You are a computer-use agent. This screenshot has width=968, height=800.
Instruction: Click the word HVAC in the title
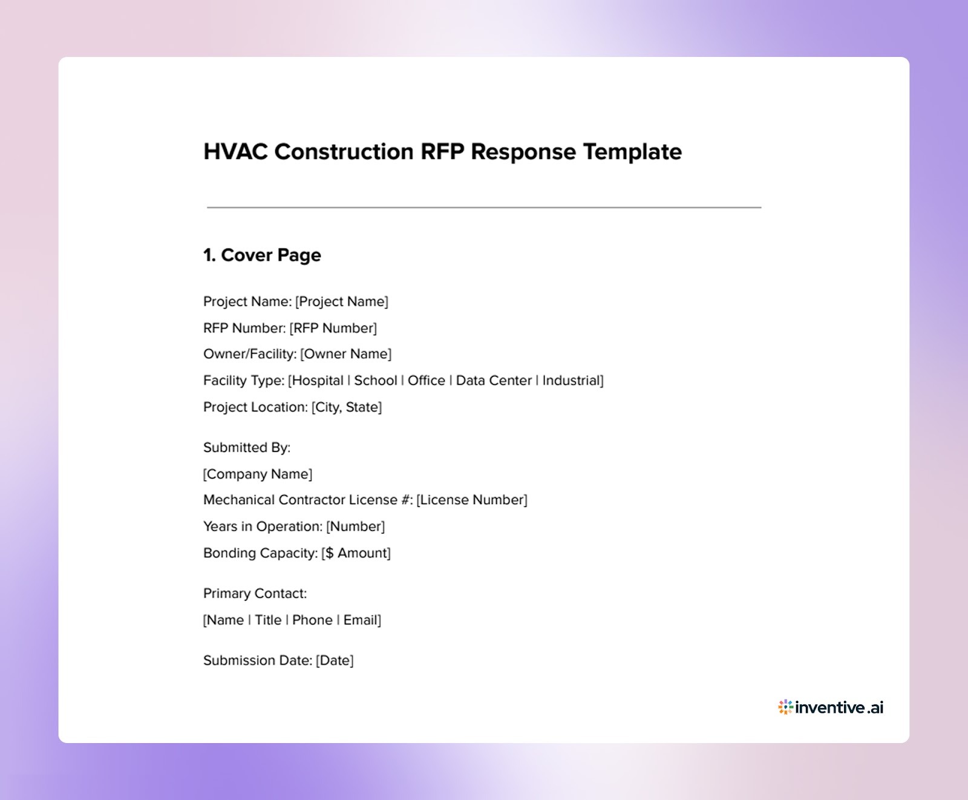(x=235, y=152)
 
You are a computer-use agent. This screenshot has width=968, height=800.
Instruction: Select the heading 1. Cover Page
(x=262, y=255)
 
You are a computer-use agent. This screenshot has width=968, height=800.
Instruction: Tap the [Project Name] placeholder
(x=342, y=301)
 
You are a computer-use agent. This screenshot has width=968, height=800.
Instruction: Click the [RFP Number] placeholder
(x=333, y=328)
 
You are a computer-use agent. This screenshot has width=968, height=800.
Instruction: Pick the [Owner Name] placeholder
(x=345, y=354)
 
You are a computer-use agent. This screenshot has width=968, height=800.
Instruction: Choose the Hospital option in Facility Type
(x=317, y=381)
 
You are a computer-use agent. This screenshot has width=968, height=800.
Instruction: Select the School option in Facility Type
(x=376, y=381)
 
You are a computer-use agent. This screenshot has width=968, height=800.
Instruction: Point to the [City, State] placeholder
(x=347, y=407)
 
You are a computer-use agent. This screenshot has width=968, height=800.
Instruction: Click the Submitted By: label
(x=247, y=448)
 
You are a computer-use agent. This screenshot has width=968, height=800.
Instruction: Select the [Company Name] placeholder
(x=258, y=474)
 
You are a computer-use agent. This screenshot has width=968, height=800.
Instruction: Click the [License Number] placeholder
(x=472, y=500)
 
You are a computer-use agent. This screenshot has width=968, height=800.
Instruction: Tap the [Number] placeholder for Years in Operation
(x=355, y=526)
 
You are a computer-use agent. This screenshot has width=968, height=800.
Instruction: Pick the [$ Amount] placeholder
(x=356, y=553)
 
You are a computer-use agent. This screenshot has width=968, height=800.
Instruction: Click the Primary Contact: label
(x=255, y=594)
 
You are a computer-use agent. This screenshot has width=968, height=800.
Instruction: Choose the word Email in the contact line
(x=361, y=620)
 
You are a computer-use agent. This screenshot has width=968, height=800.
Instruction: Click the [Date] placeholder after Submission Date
(x=335, y=660)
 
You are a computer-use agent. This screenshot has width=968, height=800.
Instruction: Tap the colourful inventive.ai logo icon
(x=785, y=707)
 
